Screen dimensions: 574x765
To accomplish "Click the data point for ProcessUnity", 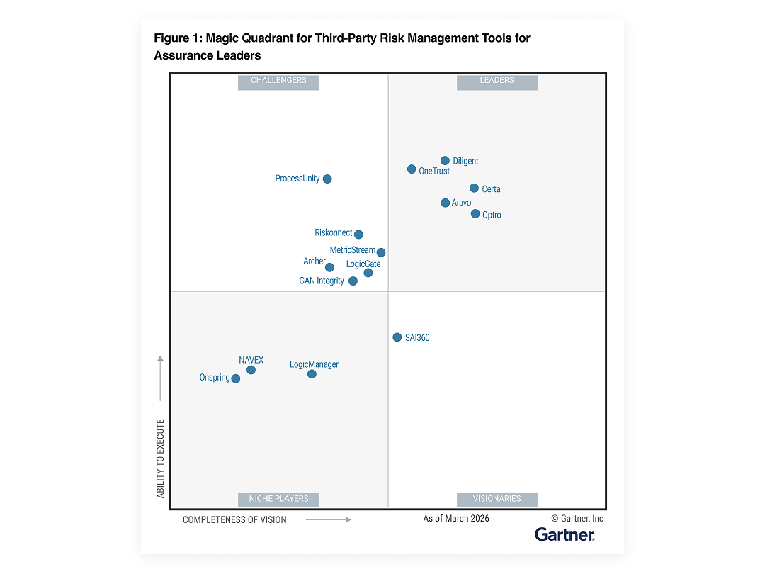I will tap(327, 179).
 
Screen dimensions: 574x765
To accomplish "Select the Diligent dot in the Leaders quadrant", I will tap(445, 161).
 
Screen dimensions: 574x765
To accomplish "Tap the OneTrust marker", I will tap(412, 169).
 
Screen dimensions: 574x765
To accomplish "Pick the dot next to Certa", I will tap(474, 188).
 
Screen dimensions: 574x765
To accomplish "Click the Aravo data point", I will tap(445, 203).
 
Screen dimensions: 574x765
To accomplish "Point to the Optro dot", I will tap(475, 214).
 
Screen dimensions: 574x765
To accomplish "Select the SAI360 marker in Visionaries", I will tap(397, 337).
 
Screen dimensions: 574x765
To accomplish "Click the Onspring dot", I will tap(236, 378).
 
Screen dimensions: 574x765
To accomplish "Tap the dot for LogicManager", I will tap(312, 374).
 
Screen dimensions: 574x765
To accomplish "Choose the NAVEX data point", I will tap(251, 370).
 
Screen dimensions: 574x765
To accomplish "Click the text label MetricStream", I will tap(352, 250).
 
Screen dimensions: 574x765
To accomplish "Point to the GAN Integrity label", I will tap(322, 281).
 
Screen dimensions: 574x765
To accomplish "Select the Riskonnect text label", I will tap(333, 233).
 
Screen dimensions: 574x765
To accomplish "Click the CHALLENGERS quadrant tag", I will tap(278, 81).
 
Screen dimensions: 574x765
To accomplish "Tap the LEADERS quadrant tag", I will tap(497, 81).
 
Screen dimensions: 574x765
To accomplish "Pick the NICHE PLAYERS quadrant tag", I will tap(278, 499).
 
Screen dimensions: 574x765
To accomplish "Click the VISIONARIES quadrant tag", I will tap(497, 499).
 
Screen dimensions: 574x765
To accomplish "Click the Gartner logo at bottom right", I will tap(565, 534).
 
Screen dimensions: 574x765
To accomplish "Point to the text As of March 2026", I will tap(456, 519).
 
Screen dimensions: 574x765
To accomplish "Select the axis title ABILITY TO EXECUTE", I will tap(161, 458).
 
